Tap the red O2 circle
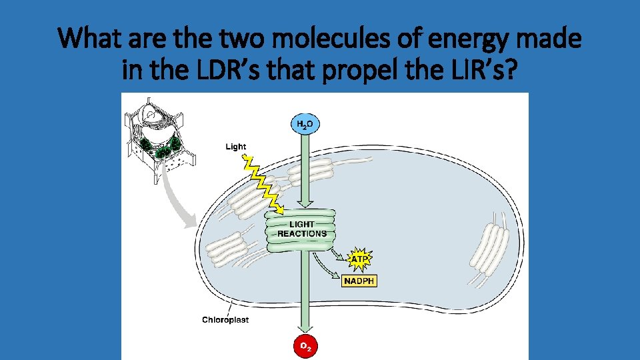pos(303,346)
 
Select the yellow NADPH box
pos(360,281)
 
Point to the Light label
pos(235,147)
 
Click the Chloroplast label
pos(225,320)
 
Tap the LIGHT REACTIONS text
pos(301,229)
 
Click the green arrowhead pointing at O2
pos(303,328)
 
